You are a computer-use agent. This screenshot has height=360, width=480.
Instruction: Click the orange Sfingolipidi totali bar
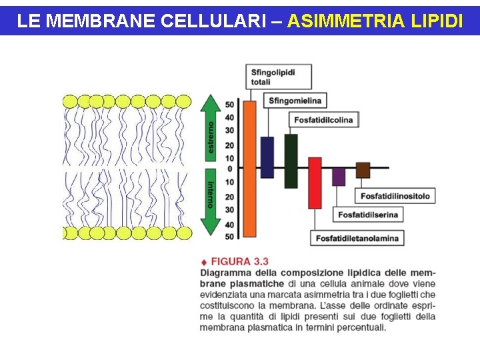point(249,169)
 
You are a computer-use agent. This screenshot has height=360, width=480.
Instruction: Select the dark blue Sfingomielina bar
point(267,157)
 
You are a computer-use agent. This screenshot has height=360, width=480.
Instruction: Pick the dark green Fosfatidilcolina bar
point(291,161)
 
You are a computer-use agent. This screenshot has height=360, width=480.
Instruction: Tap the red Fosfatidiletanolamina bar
point(315,183)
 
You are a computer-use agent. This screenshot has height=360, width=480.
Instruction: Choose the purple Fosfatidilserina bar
point(339,176)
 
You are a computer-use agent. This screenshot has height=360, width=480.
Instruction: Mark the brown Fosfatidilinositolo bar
point(363,170)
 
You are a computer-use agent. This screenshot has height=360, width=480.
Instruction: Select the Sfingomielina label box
point(295,101)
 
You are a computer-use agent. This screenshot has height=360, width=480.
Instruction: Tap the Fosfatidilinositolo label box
point(395,196)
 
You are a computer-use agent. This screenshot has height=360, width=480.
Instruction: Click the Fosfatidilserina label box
point(368,215)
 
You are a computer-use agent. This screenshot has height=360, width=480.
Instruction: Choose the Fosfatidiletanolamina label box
point(357,238)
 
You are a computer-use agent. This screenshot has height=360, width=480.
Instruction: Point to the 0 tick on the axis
point(229,169)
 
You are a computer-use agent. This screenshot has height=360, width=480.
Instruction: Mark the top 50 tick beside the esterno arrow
point(229,105)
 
